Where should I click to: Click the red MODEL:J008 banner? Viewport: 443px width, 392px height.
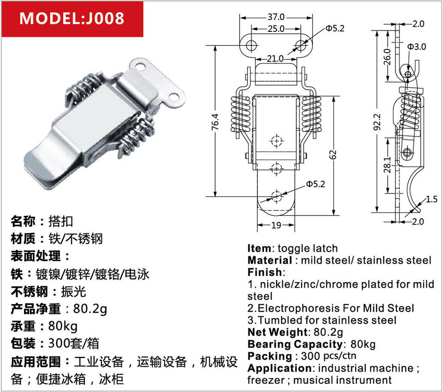coord(72,18)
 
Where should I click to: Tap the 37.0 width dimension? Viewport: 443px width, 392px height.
coord(276,17)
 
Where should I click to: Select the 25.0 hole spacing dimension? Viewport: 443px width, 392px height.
coord(276,29)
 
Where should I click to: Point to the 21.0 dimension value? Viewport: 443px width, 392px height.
coord(275,59)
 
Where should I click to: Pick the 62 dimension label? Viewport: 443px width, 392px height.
coord(333,155)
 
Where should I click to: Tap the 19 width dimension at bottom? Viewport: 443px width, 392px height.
coord(275,226)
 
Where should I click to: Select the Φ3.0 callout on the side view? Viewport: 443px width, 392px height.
coord(417,47)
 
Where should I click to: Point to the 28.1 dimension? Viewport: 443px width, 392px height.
coord(387,165)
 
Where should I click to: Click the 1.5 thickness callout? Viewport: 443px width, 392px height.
coord(431,199)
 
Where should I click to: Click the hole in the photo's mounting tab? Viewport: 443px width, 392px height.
coord(174,97)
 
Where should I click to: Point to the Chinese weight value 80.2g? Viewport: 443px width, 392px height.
coord(91,308)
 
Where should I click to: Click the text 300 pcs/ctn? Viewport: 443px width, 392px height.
coord(328,356)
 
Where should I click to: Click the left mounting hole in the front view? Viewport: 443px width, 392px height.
coord(252,45)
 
